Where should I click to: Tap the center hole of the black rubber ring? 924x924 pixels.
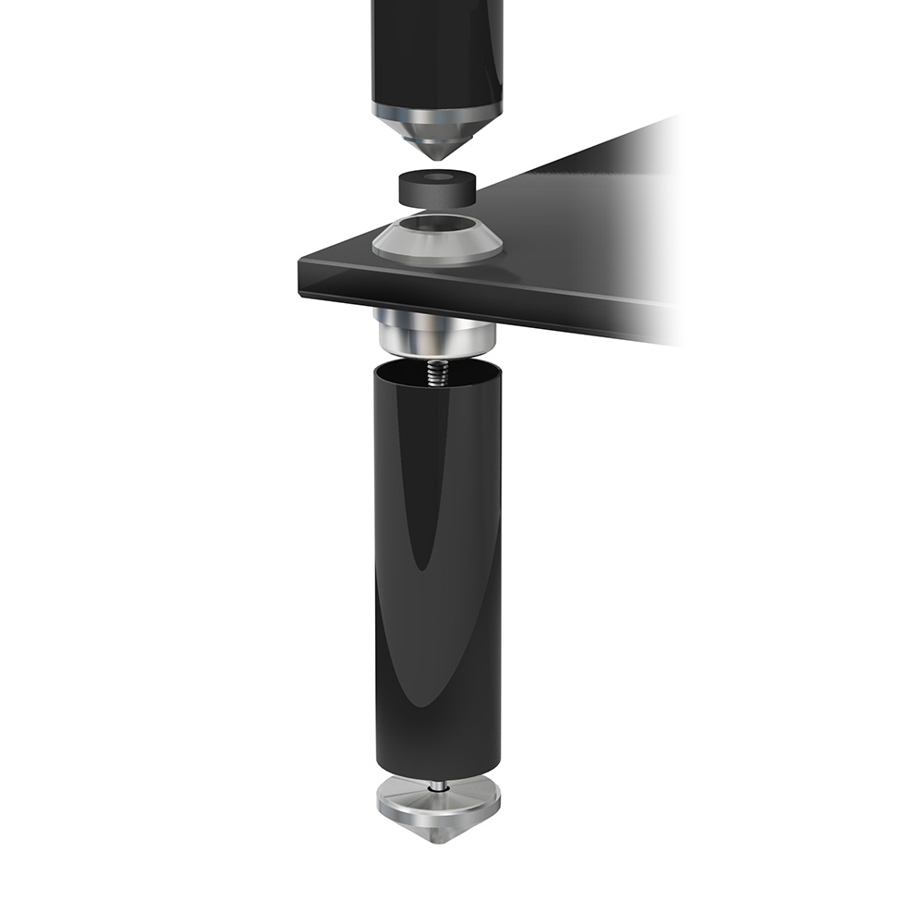(x=437, y=177)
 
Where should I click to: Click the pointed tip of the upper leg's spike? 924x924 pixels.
(x=437, y=158)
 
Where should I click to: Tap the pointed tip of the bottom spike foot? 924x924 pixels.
(x=439, y=841)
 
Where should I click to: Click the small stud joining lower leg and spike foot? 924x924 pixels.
(x=438, y=784)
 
